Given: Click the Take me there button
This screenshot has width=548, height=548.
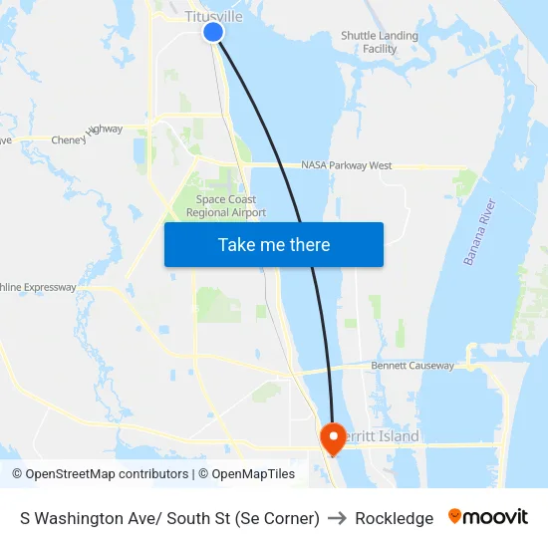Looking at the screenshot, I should coord(274,244).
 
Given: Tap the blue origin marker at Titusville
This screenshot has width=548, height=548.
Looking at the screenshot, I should coord(213,32).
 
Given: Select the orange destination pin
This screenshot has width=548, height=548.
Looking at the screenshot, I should coord(331,435).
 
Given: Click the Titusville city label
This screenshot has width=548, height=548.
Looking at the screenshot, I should coord(213,16).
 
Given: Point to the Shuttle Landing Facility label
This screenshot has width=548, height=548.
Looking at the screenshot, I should coord(380,42).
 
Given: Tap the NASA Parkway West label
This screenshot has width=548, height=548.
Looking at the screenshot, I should coord(346,165).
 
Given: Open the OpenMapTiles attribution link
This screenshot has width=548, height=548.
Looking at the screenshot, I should coord(253,474).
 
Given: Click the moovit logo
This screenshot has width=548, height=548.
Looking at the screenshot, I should coord(488,517).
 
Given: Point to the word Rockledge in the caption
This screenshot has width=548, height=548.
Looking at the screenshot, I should coord(394,518).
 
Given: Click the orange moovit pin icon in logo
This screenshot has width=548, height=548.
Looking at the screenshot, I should coord(455,517).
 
